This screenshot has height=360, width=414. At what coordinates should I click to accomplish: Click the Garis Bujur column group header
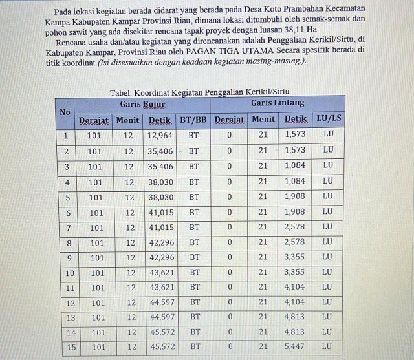(143, 103)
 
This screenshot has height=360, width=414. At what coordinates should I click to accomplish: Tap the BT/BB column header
(193, 120)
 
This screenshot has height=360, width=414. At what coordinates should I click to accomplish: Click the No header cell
(65, 112)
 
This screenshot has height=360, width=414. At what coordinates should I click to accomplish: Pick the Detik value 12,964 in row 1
(160, 136)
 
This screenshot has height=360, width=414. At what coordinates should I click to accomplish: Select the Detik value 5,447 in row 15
(298, 346)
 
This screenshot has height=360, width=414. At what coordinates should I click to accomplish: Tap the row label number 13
(70, 318)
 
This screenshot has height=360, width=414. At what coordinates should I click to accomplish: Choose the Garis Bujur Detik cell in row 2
(160, 151)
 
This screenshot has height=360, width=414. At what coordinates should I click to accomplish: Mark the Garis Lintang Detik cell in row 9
(296, 257)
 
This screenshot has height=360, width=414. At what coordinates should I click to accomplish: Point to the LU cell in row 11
(328, 287)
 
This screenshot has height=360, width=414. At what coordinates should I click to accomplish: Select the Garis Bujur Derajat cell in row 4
(96, 182)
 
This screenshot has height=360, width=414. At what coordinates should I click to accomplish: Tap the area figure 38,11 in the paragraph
(288, 30)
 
